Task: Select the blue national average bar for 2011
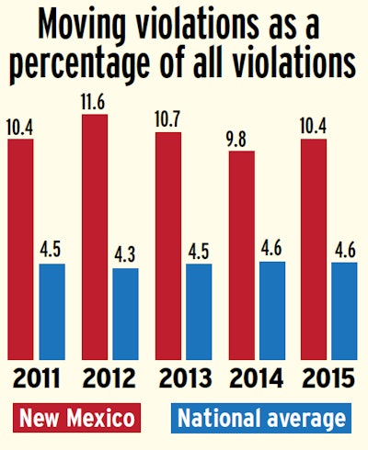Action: coord(53,312)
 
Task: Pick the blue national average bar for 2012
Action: coord(125,314)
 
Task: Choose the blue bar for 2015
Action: coord(344,311)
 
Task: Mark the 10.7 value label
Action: coord(168,118)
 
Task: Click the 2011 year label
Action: coord(37,379)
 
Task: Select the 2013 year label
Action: coord(183,379)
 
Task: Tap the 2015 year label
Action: coord(328,379)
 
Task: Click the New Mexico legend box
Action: coord(74,419)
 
